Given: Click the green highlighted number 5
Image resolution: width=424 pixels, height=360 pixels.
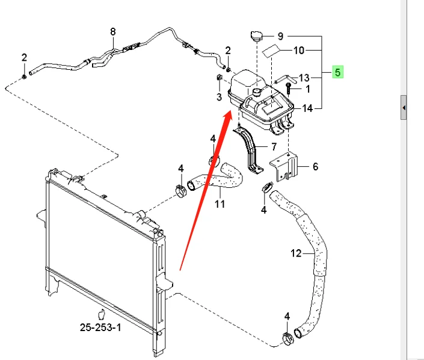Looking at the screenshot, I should (x=338, y=73).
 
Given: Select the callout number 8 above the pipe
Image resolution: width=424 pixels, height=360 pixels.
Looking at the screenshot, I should (x=112, y=31).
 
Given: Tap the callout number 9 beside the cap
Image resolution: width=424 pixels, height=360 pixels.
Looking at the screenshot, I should (x=280, y=36).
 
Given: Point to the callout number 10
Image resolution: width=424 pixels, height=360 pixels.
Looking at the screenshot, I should (x=299, y=51).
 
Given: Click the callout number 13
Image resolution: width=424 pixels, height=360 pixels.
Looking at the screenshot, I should (x=304, y=78).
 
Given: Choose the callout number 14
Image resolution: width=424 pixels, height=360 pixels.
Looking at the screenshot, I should (x=307, y=108).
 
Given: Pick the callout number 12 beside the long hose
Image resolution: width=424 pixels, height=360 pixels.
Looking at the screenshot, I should (x=295, y=253).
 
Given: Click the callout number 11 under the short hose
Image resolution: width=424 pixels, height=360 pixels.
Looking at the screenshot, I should (x=220, y=204).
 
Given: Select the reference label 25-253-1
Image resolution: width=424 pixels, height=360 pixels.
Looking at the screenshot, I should (x=100, y=328).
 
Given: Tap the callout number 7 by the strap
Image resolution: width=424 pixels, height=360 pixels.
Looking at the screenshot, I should (x=274, y=146).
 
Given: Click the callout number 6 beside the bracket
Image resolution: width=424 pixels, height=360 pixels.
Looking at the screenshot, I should (x=315, y=167).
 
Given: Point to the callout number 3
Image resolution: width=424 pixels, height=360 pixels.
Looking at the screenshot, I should (x=219, y=96).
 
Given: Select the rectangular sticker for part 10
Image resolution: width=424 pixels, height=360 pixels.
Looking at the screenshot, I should (x=271, y=51).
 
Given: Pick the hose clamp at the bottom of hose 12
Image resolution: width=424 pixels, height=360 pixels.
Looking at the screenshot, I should (x=287, y=338).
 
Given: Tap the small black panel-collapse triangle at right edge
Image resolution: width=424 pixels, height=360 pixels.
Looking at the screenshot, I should (x=404, y=108).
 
